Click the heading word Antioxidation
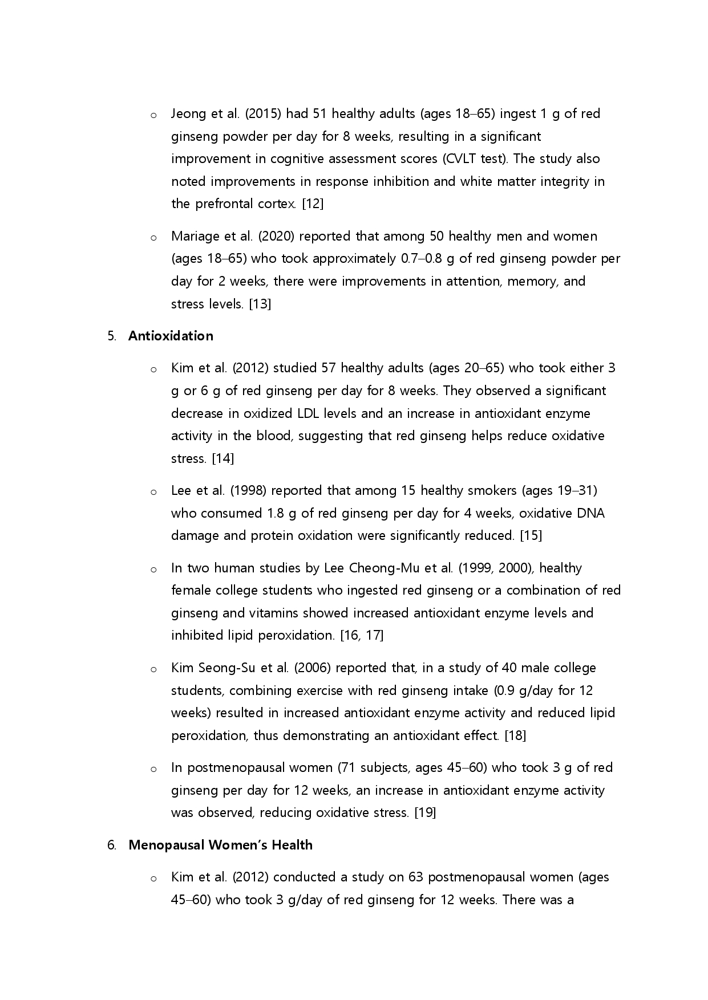pos(171,336)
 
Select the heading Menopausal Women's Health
pos(220,845)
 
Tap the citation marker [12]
pos(313,204)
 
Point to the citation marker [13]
pos(260,304)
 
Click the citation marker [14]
pos(222,459)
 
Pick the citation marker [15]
pos(531,536)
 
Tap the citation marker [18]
pos(515,736)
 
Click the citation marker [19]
pos(425,813)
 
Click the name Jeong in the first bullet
pos(188,114)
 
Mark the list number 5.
pos(111,336)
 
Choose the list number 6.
pos(111,845)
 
